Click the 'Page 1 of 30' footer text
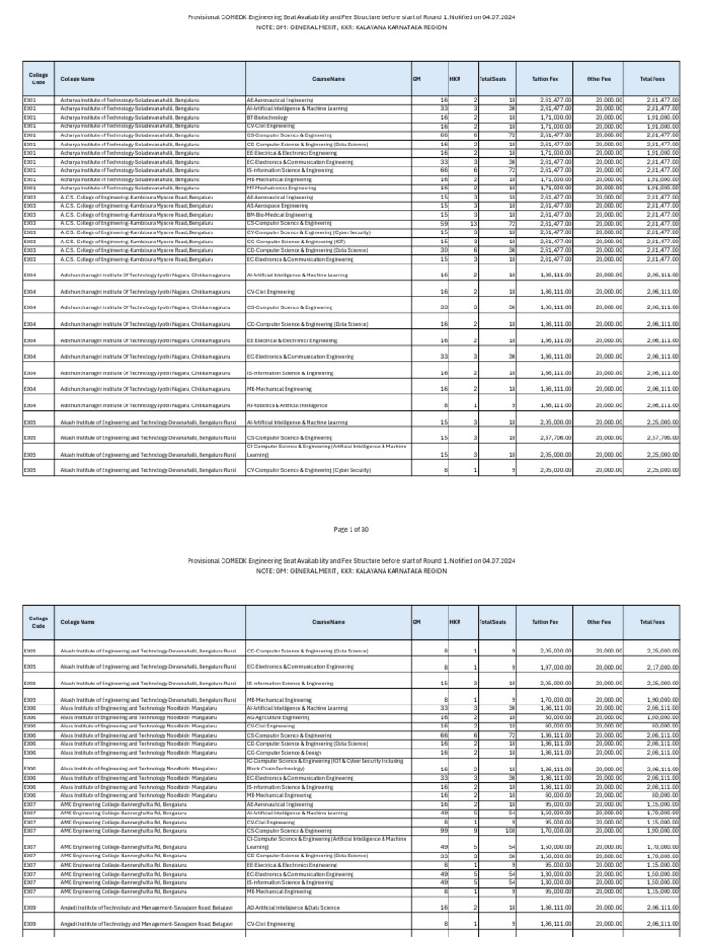(x=351, y=530)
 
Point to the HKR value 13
(x=472, y=223)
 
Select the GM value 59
(x=443, y=223)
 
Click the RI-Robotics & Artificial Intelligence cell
(x=287, y=404)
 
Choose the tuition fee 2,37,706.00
(x=556, y=437)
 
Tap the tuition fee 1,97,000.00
(x=556, y=667)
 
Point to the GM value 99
(x=443, y=830)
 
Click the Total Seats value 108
(x=510, y=830)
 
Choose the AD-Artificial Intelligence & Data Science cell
(x=293, y=907)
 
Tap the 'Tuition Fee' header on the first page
(x=545, y=79)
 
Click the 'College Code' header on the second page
(x=38, y=621)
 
